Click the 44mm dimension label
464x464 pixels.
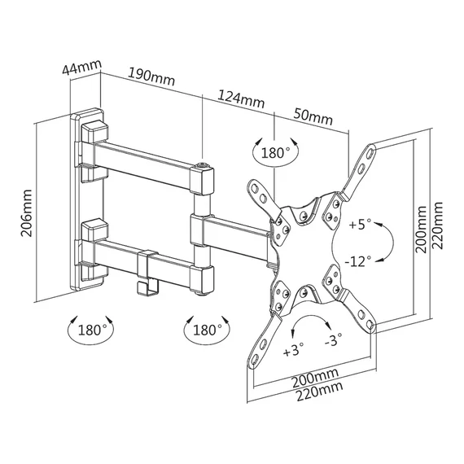coord(82,68)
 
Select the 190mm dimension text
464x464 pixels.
coord(151,77)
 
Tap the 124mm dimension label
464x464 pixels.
coord(241,98)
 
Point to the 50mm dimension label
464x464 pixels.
coord(313,117)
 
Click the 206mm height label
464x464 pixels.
coord(26,213)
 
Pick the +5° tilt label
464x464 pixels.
coord(360,225)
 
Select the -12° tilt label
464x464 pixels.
coord(357,261)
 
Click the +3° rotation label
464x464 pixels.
coord(293,350)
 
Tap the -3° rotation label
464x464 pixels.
coord(333,340)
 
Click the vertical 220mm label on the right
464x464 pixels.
coord(437,225)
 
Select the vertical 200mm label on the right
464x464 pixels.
coord(421,230)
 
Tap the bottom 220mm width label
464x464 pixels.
coord(320,391)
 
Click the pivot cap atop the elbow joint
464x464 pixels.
coord(203,165)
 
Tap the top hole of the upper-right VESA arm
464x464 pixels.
coord(370,153)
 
